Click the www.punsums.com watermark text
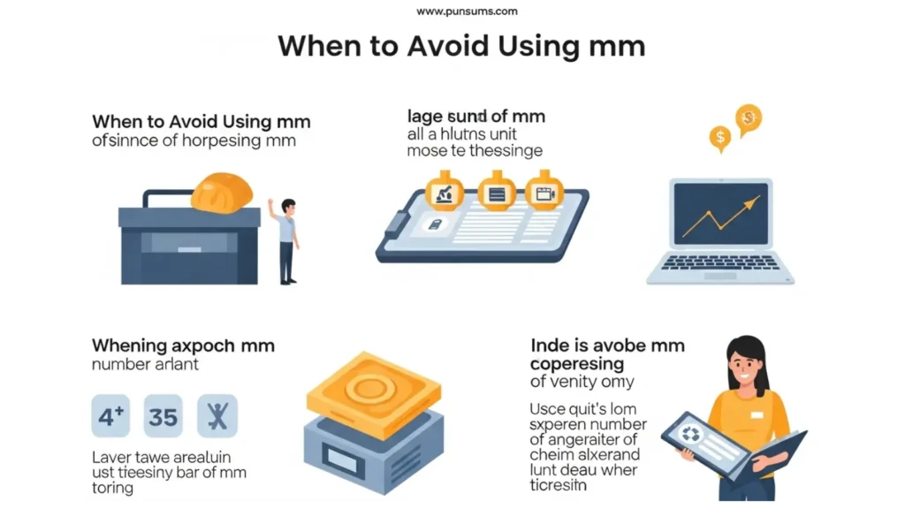point(467,11)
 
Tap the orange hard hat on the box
point(221,193)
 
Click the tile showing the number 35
point(163,416)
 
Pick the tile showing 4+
point(111,416)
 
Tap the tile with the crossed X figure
point(217,416)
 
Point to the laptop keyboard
point(721,262)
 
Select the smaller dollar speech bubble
point(720,137)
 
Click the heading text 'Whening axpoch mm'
point(183,346)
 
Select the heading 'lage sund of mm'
point(475,117)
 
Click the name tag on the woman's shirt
point(757,414)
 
